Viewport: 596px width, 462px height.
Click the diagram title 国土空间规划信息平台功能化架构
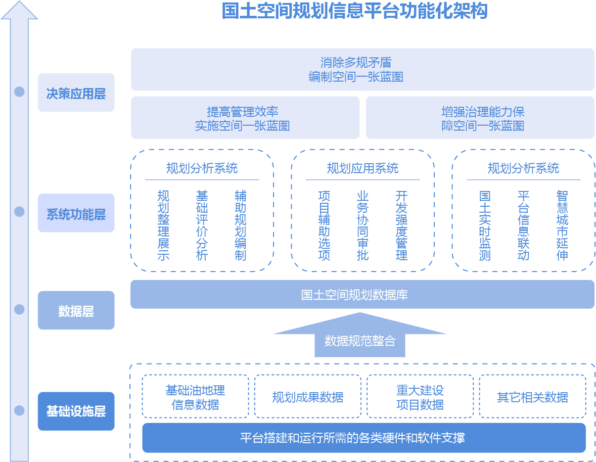354,11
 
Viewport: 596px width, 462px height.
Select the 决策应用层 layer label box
76,92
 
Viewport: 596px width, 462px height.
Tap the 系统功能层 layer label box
76,213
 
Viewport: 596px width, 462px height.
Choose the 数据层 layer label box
76,310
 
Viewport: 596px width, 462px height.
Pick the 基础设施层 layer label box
76,411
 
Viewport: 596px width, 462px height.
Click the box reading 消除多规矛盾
363,69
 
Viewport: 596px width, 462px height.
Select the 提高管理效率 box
245,117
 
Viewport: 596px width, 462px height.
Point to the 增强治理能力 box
480,117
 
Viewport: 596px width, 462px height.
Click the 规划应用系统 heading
363,168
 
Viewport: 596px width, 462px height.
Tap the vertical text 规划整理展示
163,225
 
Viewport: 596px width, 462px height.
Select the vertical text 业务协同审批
363,225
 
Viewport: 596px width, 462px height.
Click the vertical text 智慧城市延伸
562,225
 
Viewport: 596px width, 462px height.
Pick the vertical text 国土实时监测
485,225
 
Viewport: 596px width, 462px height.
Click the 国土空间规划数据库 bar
362,294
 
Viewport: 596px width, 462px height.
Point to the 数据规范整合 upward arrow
360,334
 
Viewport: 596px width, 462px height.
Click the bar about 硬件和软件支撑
364,437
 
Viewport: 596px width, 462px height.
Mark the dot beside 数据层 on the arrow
19,309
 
